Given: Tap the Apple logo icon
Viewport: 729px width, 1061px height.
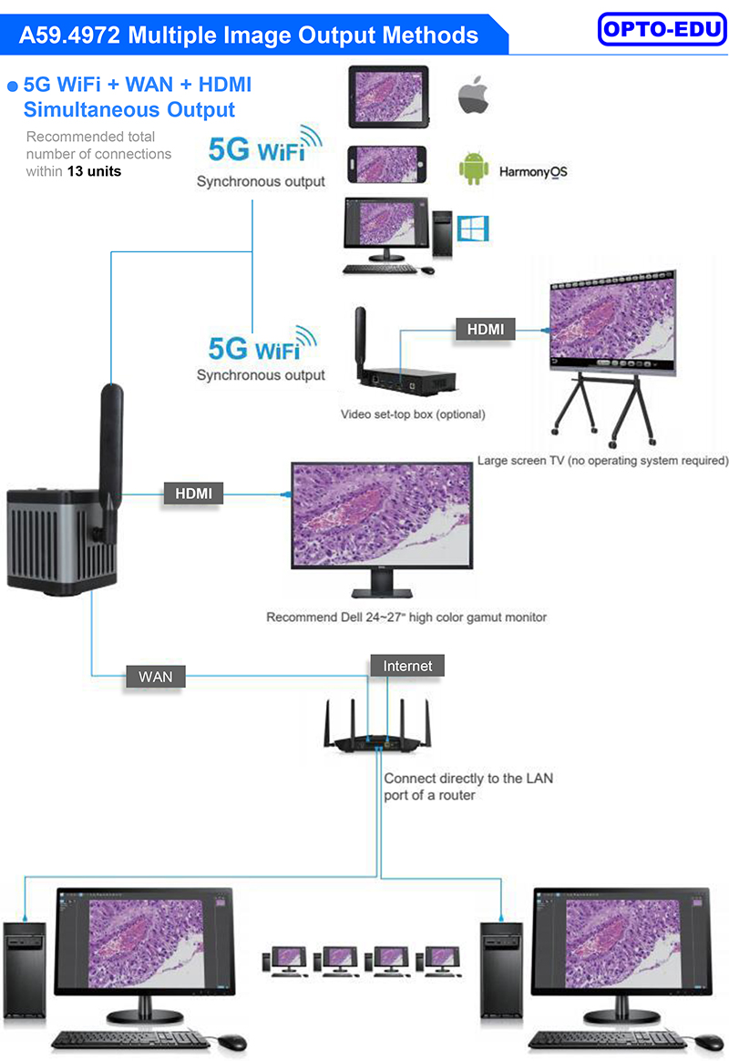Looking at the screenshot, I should click(x=473, y=96).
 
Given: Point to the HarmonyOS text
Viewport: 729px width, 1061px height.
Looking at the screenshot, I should click(x=533, y=171).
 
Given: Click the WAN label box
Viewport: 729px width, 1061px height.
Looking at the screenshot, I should click(x=155, y=677).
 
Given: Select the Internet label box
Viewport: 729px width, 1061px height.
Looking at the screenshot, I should click(x=407, y=666).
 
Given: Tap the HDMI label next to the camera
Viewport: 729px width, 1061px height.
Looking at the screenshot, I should click(x=193, y=494).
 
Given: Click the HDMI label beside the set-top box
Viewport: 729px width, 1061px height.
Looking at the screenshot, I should click(x=485, y=329).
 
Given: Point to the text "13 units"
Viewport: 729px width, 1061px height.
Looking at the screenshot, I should click(x=94, y=170).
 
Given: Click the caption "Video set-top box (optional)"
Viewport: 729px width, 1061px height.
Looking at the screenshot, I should click(x=413, y=414).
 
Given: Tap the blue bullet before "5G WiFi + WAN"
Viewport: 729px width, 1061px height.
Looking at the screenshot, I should click(x=13, y=87).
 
